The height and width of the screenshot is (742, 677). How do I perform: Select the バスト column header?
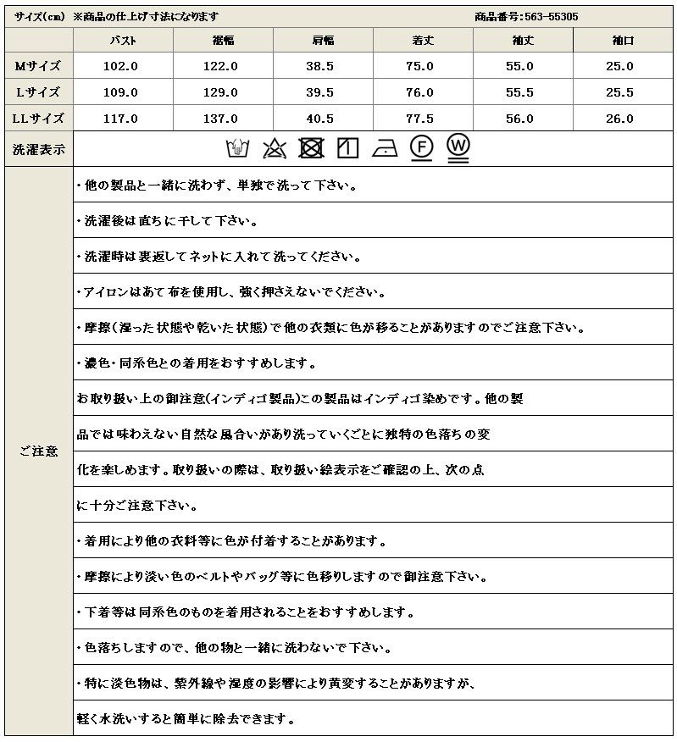(124, 40)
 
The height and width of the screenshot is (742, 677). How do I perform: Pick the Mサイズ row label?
(38, 66)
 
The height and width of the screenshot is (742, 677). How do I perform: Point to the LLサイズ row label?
(38, 119)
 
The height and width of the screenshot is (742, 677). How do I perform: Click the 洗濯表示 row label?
(38, 149)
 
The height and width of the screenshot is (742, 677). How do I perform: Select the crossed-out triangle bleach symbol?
(274, 149)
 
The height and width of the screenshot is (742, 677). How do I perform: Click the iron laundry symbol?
(385, 149)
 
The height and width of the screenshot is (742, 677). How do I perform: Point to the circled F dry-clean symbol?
(422, 148)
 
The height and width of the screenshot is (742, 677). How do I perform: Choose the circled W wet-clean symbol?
(459, 147)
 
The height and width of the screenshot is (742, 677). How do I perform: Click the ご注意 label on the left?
(38, 451)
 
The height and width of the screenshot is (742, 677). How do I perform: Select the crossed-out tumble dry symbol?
(311, 149)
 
